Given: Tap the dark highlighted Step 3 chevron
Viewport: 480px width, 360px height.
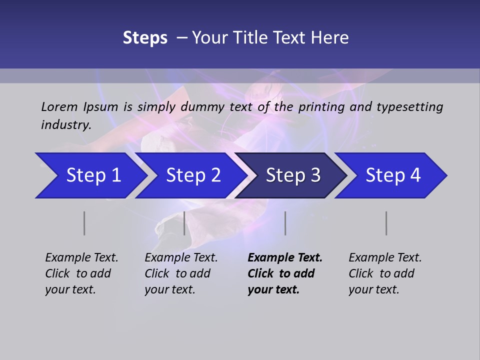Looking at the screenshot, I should click(293, 175).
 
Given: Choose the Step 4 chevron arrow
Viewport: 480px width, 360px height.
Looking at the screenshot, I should click(393, 175).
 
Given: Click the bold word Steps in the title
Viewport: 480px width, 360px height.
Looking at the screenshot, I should click(145, 38).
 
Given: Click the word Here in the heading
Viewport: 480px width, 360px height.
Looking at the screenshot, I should click(329, 38).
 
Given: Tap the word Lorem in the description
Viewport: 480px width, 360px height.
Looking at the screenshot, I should click(59, 107).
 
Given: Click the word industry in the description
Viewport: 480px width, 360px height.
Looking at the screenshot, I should click(65, 124).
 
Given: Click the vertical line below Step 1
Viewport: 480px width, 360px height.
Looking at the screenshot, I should click(84, 223).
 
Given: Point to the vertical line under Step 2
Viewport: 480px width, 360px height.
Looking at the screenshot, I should click(184, 223).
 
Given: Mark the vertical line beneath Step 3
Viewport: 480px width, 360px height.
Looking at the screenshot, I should click(285, 223).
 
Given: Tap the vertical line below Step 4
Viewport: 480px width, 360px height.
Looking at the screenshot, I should click(386, 223).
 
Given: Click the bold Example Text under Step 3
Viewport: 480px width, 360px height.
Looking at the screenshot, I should click(285, 258).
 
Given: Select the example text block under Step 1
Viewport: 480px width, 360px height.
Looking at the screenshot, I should click(81, 273).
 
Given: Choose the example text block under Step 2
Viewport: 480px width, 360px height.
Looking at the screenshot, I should click(181, 273).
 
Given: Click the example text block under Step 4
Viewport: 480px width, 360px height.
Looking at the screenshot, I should click(385, 273).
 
